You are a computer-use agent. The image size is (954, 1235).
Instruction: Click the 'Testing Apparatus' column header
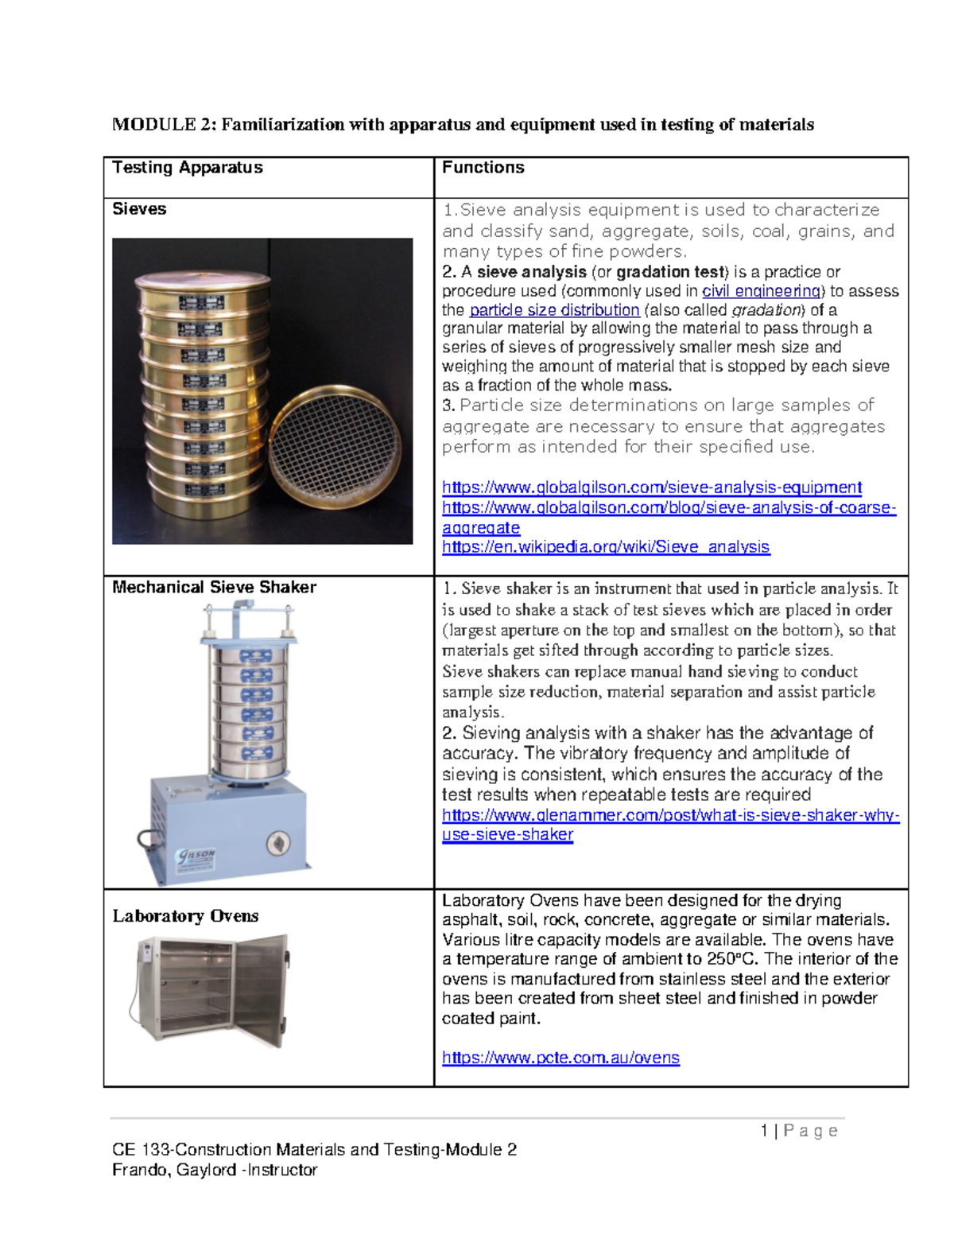pyautogui.click(x=187, y=168)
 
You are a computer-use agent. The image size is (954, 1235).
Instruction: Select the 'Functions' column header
pyautogui.click(x=483, y=168)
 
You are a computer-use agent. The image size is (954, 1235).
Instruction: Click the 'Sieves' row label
pyautogui.click(x=139, y=209)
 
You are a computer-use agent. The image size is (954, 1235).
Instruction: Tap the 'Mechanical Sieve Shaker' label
pyautogui.click(x=214, y=588)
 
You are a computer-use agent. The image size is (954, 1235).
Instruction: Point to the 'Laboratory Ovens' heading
pyautogui.click(x=185, y=916)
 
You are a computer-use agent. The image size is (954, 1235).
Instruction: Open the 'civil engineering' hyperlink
pyautogui.click(x=761, y=291)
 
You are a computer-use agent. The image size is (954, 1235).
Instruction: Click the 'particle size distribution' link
pyautogui.click(x=554, y=310)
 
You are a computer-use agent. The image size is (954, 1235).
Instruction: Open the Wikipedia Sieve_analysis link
pyautogui.click(x=605, y=547)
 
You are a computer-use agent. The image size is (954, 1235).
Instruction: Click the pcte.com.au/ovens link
pyautogui.click(x=560, y=1058)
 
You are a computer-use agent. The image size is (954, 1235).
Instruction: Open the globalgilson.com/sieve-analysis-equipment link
pyautogui.click(x=651, y=487)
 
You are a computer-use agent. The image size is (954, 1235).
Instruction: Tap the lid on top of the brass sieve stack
pyautogui.click(x=202, y=279)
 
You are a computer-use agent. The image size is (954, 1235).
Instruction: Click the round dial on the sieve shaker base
pyautogui.click(x=277, y=843)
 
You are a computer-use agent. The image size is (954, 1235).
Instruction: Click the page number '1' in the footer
pyautogui.click(x=764, y=1131)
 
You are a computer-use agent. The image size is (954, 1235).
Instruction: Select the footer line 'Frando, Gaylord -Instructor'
pyautogui.click(x=215, y=1170)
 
